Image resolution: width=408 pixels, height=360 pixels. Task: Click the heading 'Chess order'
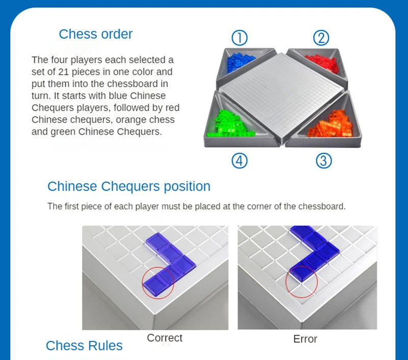[x=95, y=34]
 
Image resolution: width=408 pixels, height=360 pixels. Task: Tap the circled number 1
[x=239, y=37]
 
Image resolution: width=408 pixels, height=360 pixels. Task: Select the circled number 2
[x=321, y=37]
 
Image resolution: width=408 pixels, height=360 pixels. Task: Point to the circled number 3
[x=323, y=161]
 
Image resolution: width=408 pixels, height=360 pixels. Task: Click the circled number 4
[x=239, y=161]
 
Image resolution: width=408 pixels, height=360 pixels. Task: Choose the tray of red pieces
[x=320, y=63]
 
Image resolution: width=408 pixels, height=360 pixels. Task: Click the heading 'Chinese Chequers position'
[x=129, y=186]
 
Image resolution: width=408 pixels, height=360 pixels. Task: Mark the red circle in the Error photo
[x=301, y=280]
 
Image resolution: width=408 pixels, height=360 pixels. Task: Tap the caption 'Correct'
[x=164, y=338]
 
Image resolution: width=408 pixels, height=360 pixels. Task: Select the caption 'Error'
[x=305, y=339]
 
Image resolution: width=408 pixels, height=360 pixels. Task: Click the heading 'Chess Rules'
[x=84, y=345]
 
